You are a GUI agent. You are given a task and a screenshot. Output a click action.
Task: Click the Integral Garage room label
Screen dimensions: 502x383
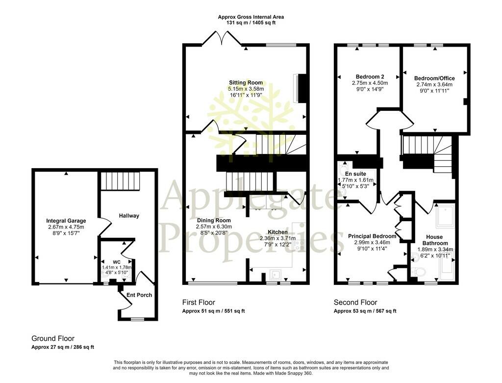click(66, 221)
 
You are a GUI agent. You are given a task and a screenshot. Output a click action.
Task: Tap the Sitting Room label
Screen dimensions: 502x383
click(246, 82)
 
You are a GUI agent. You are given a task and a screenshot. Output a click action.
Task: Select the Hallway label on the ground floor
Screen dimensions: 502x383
click(129, 216)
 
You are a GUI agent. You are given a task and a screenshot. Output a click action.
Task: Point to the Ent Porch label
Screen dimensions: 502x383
click(139, 295)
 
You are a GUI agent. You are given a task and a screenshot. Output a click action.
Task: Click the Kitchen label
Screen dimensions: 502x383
click(277, 232)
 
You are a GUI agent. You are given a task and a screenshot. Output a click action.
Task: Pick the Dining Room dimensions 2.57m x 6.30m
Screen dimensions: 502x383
click(214, 227)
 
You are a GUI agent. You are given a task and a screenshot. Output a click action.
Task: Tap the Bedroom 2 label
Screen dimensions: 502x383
click(370, 77)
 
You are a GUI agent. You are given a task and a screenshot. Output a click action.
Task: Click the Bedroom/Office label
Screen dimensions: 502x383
click(434, 78)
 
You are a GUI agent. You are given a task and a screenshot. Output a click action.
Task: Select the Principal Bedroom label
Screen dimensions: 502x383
click(372, 236)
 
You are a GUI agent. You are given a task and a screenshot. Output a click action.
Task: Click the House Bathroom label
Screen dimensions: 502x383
click(434, 240)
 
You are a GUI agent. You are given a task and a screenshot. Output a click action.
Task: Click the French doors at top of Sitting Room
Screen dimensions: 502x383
click(222, 38)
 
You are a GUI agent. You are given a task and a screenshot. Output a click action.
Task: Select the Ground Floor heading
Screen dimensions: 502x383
click(53, 338)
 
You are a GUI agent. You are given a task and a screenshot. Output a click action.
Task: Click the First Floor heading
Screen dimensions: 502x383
click(199, 302)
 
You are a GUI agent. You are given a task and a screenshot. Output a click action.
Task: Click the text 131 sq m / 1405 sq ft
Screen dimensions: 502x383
click(251, 23)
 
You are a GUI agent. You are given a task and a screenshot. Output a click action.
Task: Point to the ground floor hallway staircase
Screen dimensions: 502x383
click(121, 181)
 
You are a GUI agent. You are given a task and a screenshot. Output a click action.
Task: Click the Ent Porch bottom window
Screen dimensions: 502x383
click(138, 319)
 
